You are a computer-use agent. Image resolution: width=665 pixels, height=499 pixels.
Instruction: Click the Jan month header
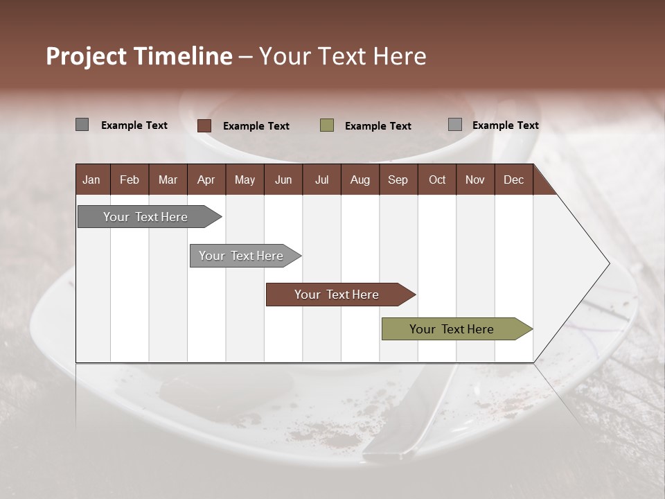point(91,180)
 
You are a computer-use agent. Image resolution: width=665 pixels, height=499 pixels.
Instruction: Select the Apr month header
point(206,180)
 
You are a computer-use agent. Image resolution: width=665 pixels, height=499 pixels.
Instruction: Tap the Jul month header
point(321,180)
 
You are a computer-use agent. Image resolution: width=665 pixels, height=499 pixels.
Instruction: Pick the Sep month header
point(398,180)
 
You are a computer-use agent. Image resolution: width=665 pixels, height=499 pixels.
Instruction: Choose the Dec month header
point(513,180)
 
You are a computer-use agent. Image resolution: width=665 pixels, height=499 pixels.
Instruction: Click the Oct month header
point(437,180)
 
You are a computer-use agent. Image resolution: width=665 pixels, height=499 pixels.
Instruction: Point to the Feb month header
point(130,180)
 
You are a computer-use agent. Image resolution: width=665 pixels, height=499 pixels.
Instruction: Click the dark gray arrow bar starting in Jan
point(145,217)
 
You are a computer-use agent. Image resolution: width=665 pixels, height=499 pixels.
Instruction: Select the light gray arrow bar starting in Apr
point(241,256)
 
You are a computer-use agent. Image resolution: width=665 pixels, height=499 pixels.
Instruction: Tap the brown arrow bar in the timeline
point(337,295)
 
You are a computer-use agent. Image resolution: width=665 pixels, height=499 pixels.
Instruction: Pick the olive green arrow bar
point(452,329)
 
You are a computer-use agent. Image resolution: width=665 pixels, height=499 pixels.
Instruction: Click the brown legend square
point(204,125)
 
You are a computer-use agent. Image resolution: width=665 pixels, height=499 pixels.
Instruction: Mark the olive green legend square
point(327,125)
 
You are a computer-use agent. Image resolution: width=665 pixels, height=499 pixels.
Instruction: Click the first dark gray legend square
point(82,125)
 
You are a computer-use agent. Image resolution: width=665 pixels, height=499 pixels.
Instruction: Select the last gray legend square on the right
point(455,125)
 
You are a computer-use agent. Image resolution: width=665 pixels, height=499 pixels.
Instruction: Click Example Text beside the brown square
point(256,126)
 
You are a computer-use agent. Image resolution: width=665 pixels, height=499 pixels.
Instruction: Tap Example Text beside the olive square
point(378,126)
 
